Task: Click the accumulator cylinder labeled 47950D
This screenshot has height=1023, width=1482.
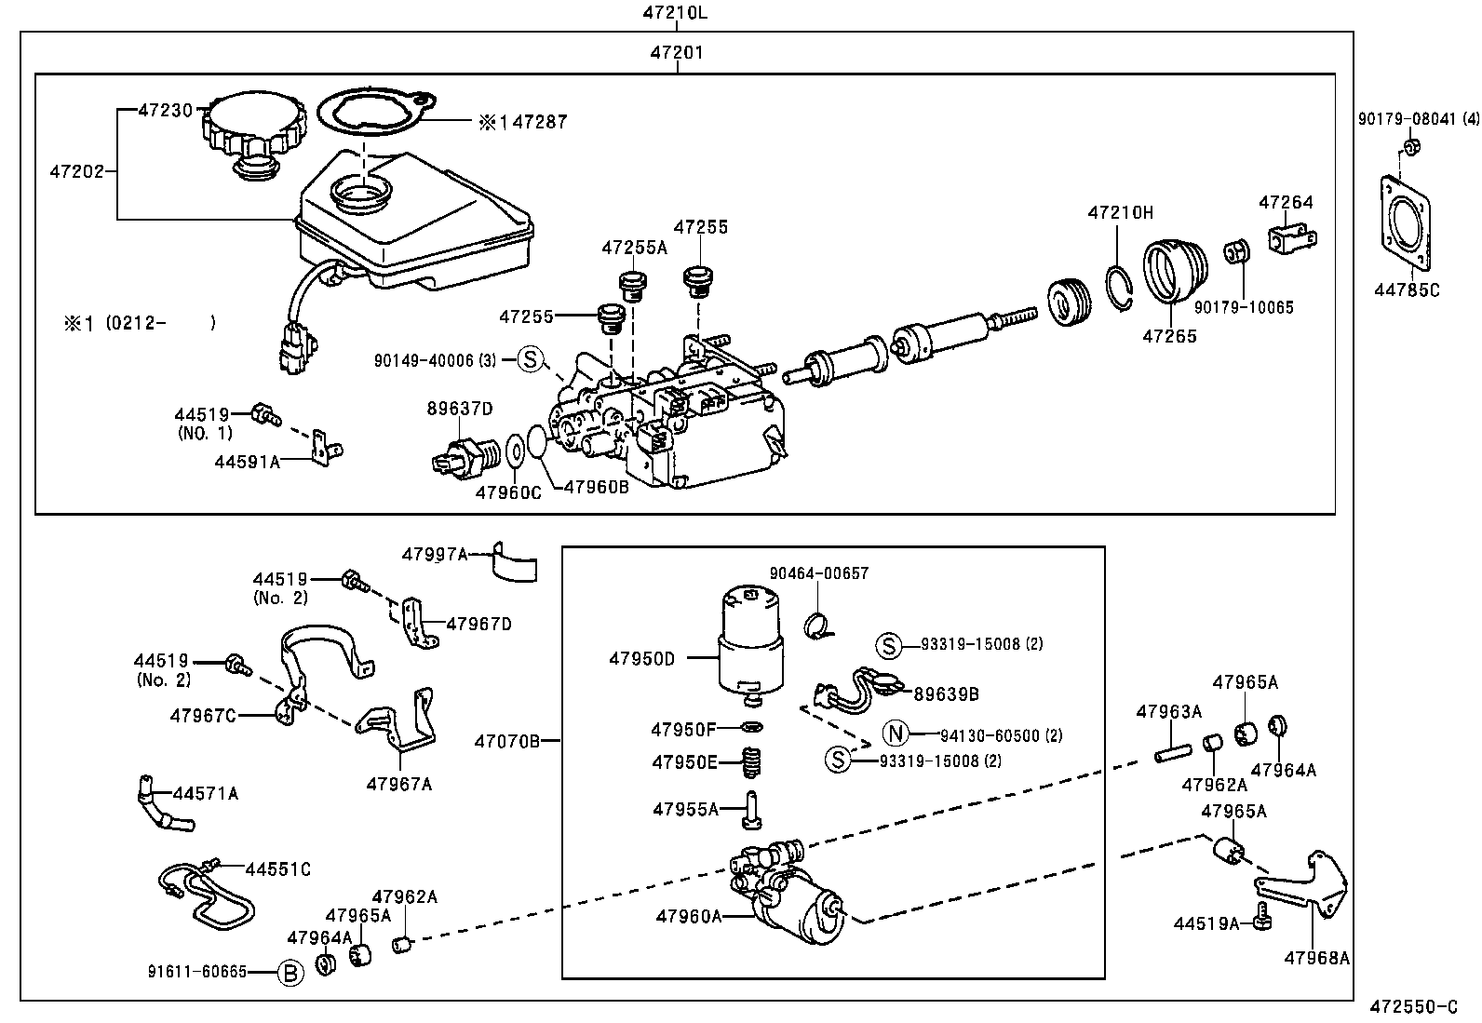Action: (751, 642)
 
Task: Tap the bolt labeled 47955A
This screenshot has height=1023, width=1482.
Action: (751, 809)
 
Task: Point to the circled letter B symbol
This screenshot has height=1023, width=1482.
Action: (291, 974)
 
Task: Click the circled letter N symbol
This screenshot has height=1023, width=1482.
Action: (895, 734)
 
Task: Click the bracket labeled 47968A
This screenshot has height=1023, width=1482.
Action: (1307, 883)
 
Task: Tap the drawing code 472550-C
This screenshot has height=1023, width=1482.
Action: (1413, 1007)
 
